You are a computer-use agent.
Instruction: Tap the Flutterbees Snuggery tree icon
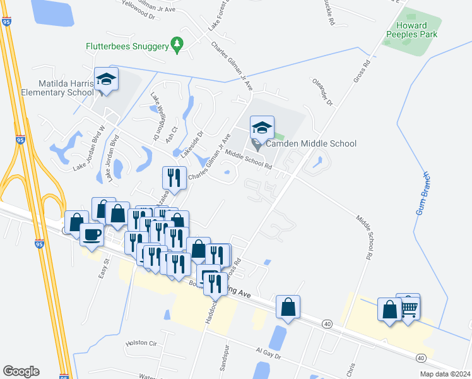tap(178, 44)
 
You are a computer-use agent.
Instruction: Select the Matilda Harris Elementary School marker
tap(106, 80)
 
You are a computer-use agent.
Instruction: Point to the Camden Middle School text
tap(310, 144)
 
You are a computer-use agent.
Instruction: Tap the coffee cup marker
tap(92, 236)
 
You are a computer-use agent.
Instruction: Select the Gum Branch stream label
tap(423, 193)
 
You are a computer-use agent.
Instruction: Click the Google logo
tap(21, 371)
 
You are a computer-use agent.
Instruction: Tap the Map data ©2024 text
tap(444, 374)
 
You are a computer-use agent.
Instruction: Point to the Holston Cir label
tap(141, 342)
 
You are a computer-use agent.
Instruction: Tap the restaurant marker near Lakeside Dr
tap(173, 179)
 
